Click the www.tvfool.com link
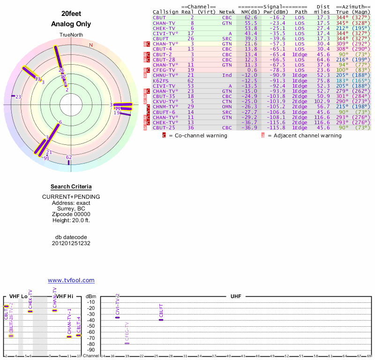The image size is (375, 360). click(71, 280)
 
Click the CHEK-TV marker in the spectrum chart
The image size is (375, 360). click(30, 311)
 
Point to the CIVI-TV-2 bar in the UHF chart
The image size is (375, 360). click(117, 317)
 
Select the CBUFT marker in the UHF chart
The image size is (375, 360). click(161, 319)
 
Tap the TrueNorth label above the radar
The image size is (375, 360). click(70, 35)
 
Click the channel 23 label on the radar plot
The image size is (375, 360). click(18, 97)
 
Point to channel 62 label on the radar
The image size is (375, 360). click(69, 157)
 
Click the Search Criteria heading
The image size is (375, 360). click(71, 187)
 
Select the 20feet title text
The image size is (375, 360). click(71, 13)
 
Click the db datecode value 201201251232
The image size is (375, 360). click(71, 243)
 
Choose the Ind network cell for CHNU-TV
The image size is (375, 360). click(227, 75)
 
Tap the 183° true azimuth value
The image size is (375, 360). click(343, 81)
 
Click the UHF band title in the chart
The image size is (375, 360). click(236, 296)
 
